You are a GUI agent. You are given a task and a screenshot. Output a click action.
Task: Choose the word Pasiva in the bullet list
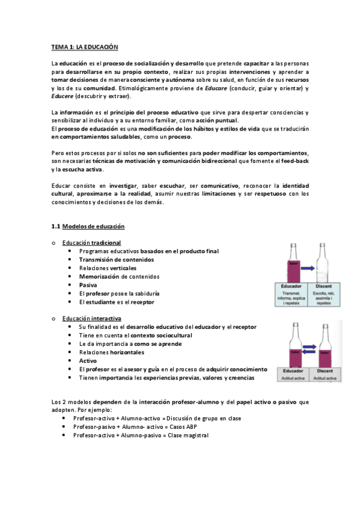pos(88,285)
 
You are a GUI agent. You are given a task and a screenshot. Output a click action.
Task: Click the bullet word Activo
pos(88,360)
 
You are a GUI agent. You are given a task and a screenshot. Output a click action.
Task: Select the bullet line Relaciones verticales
pos(108,268)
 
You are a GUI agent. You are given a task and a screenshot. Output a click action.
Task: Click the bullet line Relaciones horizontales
pos(111,352)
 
